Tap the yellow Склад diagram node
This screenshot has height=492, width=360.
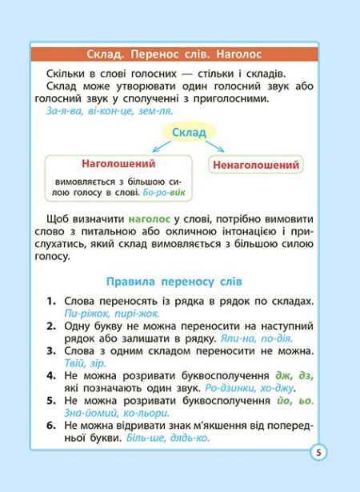pos(189,131)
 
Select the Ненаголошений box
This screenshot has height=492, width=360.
pos(256,166)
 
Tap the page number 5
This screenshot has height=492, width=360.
pos(318,452)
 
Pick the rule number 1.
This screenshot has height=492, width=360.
pos(50,302)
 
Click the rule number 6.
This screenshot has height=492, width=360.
pos(50,426)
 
